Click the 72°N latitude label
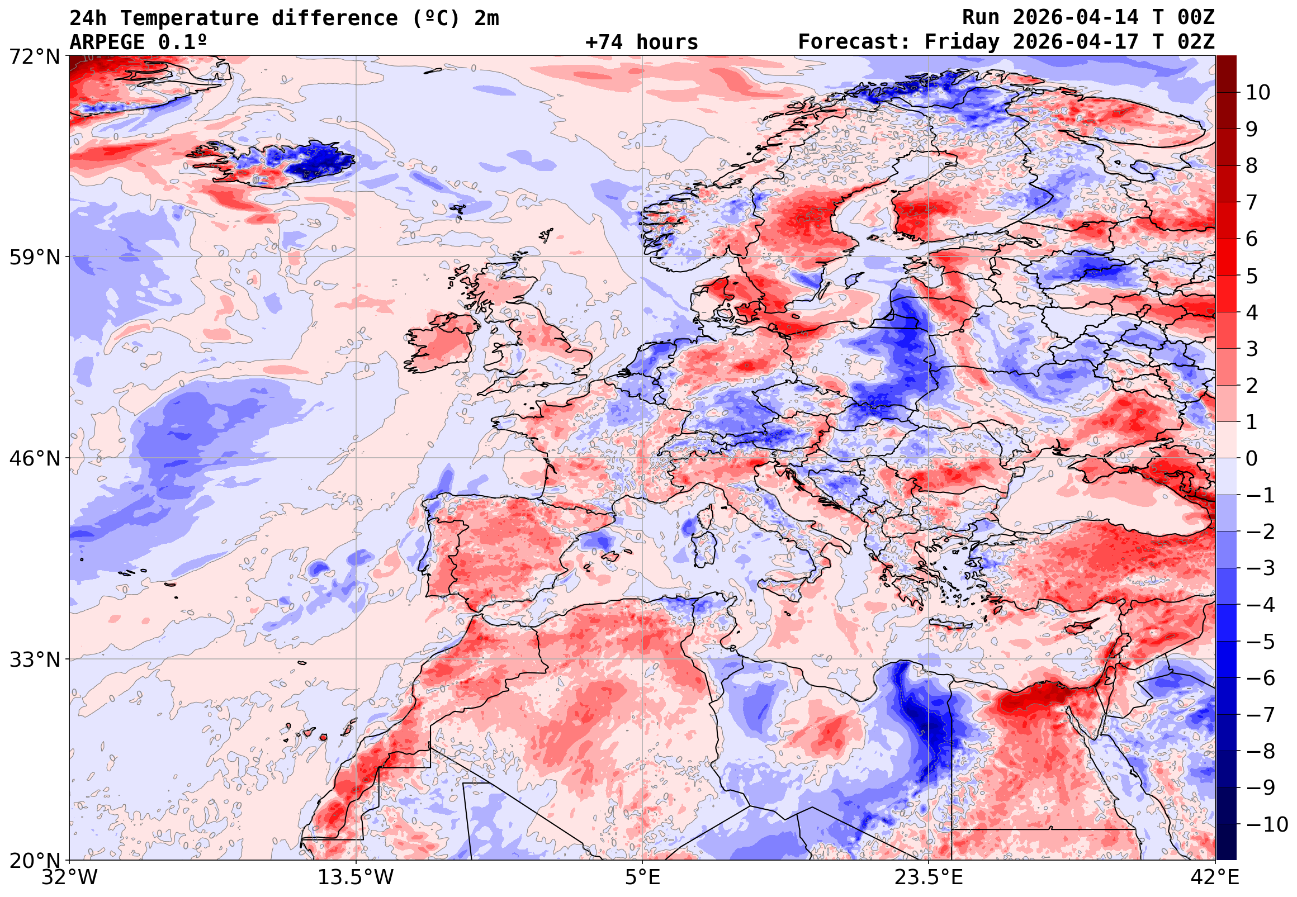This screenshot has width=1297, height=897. click(x=34, y=56)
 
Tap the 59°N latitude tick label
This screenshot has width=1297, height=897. click(x=34, y=258)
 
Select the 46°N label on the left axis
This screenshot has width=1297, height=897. click(x=34, y=458)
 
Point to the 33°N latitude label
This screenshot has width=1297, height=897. click(x=34, y=659)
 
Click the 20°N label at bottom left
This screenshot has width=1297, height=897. click(x=34, y=861)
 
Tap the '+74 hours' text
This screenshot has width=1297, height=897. click(x=641, y=42)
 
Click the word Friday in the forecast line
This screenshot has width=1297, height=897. click(x=962, y=42)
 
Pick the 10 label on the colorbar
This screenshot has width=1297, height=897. click(x=1258, y=93)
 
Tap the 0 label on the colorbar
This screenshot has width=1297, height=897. click(x=1252, y=459)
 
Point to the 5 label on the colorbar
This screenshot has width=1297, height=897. click(x=1252, y=276)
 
